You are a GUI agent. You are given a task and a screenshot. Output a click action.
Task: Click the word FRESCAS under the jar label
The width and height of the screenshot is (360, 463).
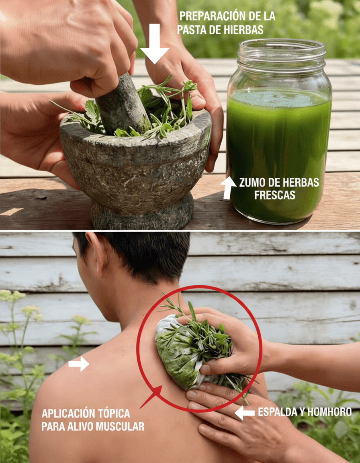click(275, 195)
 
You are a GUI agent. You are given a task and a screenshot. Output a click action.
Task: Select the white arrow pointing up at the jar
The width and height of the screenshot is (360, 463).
click(228, 188)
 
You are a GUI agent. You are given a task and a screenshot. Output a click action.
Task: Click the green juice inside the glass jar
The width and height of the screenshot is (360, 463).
click(278, 154)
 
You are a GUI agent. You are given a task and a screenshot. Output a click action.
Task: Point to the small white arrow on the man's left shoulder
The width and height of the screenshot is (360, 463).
click(79, 364)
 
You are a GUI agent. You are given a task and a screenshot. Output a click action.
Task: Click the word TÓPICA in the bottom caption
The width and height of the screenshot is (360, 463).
click(113, 414)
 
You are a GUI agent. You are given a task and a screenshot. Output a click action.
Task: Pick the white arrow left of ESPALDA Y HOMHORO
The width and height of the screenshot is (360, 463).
click(244, 413)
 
